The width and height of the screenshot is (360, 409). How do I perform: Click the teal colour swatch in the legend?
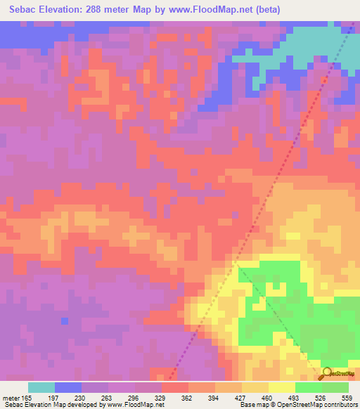point(41,387)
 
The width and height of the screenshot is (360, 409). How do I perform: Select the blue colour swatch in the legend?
point(68,387)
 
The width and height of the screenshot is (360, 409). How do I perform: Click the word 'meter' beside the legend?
point(11,398)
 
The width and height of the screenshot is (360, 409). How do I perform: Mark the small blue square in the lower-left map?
point(65,321)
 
